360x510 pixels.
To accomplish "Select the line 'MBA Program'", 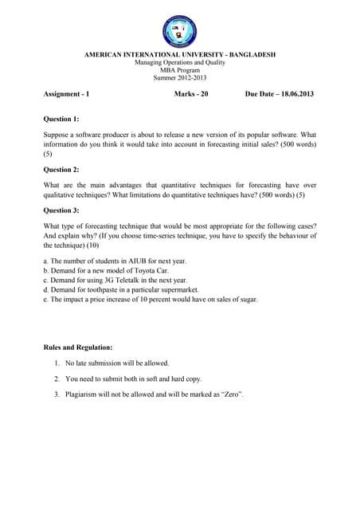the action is tap(179, 70).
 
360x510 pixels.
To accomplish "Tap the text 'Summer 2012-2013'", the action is tap(179, 78).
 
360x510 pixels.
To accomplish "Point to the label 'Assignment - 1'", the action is tap(66, 95).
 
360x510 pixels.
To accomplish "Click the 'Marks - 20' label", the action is tap(190, 95).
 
